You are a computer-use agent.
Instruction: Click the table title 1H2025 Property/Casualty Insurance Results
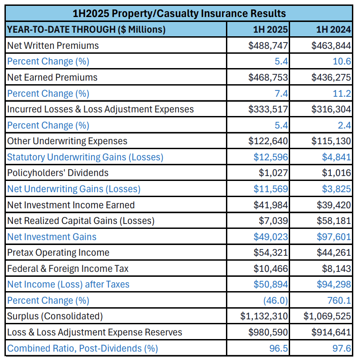tap(179, 13)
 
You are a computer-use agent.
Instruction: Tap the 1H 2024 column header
tap(332, 30)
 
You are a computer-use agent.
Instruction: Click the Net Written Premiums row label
tap(53, 46)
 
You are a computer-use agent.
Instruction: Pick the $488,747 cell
tap(268, 46)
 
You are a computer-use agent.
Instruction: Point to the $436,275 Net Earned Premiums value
tap(331, 77)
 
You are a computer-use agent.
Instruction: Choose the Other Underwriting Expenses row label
tap(67, 141)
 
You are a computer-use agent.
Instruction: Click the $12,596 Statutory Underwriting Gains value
tap(271, 157)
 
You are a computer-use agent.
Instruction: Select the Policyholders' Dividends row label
tap(58, 173)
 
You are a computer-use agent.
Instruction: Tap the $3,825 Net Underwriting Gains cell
tap(336, 189)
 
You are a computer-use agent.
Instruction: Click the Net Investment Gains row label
tap(52, 236)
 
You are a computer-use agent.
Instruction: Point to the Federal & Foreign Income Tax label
tap(68, 269)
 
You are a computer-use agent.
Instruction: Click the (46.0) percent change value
tap(276, 301)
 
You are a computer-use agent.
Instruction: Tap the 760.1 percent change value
tap(339, 301)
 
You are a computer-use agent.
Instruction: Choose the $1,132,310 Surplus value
tap(264, 316)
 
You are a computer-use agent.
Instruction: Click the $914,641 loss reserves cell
tap(331, 332)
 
